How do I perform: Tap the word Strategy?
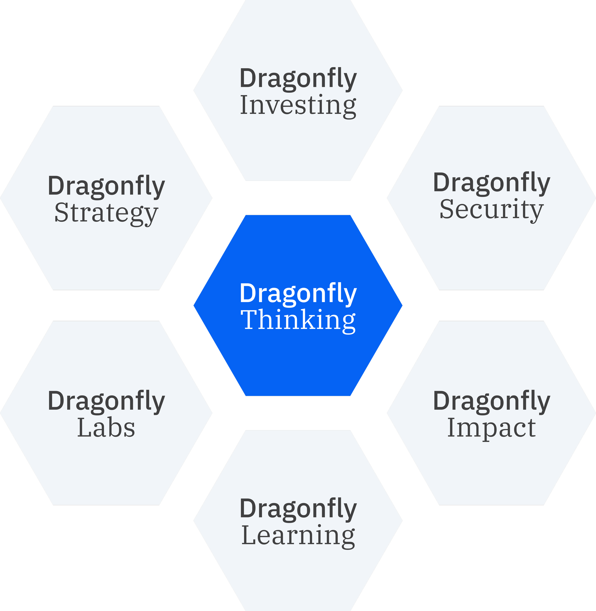106,213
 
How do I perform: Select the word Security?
491,210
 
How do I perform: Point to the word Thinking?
298,320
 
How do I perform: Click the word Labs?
106,428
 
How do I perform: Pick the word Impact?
491,428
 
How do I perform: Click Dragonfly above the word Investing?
298,79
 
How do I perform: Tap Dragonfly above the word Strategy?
106,186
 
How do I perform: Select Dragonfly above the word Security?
491,183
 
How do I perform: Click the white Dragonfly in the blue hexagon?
298,294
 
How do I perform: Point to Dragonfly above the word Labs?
106,401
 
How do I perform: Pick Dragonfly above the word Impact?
491,401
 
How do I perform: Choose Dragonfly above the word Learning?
298,509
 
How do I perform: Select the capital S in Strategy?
62,213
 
